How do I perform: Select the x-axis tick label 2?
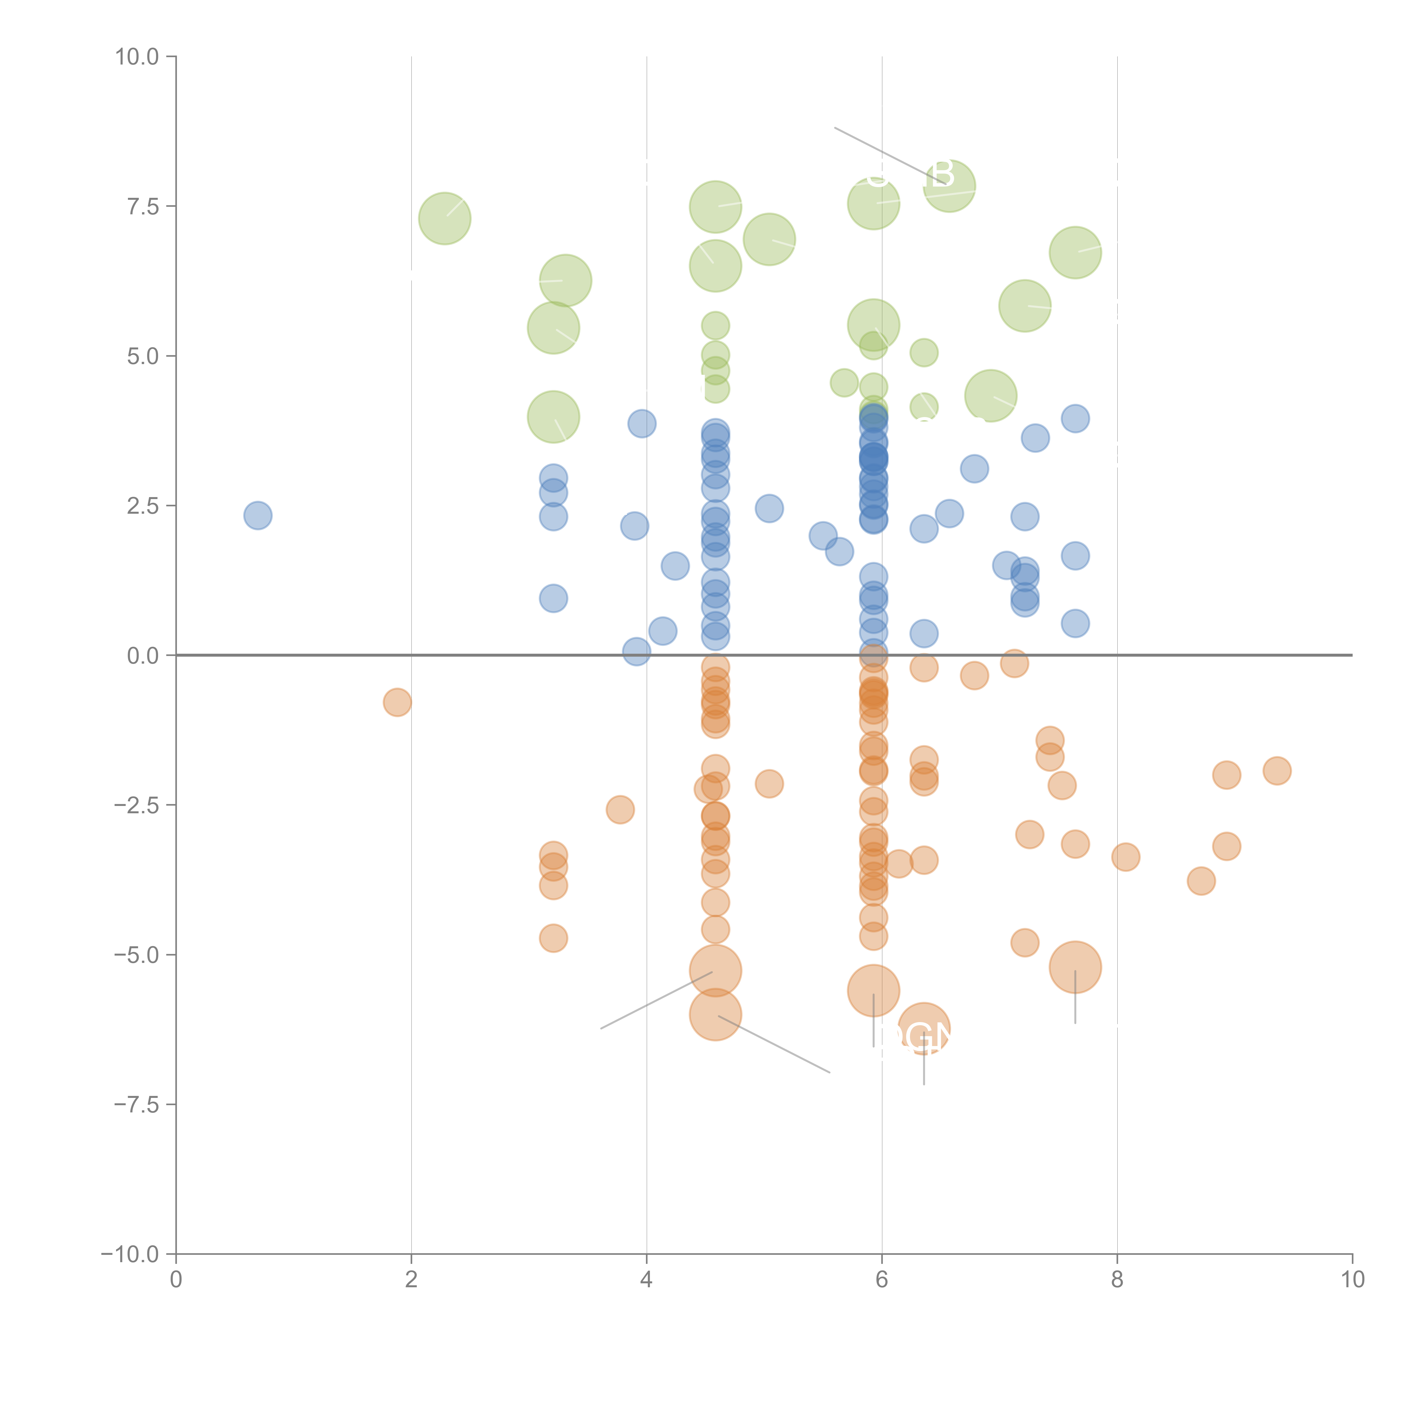pyautogui.click(x=411, y=1280)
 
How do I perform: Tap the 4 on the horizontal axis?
pyautogui.click(x=646, y=1280)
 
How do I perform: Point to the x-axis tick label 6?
pyautogui.click(x=882, y=1280)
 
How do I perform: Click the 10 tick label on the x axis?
pyautogui.click(x=1352, y=1280)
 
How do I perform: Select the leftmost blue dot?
pyautogui.click(x=258, y=516)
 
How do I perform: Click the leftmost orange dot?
pyautogui.click(x=397, y=702)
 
